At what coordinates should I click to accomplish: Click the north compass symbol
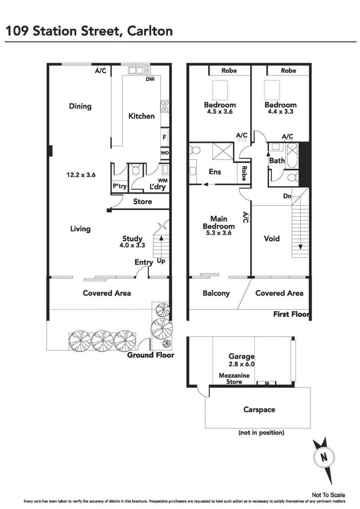(x=323, y=458)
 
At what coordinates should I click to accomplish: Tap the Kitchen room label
(x=141, y=116)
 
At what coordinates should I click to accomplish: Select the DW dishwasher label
(x=150, y=79)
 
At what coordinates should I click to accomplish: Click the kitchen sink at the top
(x=139, y=71)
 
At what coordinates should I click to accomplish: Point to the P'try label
(x=120, y=187)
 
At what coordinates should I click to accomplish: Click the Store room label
(x=142, y=201)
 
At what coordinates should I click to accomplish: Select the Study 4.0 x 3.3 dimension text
(x=132, y=246)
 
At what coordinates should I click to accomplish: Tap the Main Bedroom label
(x=219, y=222)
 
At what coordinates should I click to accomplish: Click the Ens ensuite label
(x=215, y=172)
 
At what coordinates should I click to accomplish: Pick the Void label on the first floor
(x=271, y=238)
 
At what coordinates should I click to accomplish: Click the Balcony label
(x=216, y=293)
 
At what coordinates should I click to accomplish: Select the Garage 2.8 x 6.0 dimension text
(x=241, y=364)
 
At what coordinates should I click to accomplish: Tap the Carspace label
(x=259, y=410)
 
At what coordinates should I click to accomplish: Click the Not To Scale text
(x=328, y=495)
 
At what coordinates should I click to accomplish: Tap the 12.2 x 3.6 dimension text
(x=81, y=175)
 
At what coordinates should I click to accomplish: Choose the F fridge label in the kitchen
(x=164, y=138)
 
